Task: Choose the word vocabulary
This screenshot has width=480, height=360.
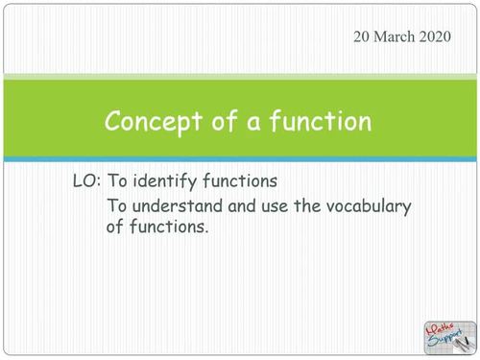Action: coord(342,205)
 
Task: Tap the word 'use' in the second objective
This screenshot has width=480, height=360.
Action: coord(264,205)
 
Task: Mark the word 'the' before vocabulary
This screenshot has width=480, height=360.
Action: coord(295,205)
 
